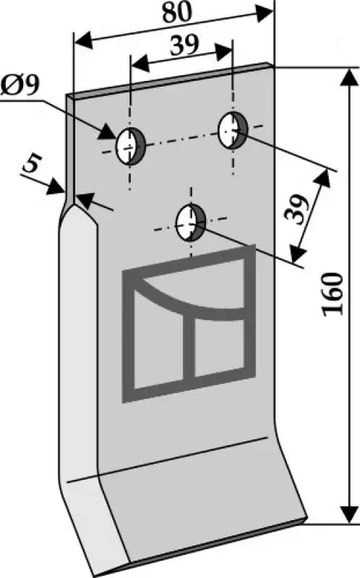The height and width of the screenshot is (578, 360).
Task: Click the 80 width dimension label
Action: pos(177,12)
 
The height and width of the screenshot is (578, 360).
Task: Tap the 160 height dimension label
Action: pos(333,294)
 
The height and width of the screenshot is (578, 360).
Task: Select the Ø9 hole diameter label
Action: pos(20,86)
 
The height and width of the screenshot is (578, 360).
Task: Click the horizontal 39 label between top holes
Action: pos(184,46)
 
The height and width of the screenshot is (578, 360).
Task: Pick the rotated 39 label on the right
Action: pos(296,210)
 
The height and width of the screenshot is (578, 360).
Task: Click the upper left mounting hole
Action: pos(131,146)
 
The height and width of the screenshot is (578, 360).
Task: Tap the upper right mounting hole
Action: pos(233,130)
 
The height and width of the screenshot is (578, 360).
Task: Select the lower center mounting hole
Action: pos(191,223)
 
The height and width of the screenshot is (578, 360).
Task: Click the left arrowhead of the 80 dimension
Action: pos(83,40)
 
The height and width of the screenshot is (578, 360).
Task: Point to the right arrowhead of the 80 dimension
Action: pos(265,12)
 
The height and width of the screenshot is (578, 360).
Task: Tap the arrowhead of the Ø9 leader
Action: pos(108,131)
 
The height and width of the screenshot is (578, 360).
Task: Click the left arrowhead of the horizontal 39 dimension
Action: pos(140,64)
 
